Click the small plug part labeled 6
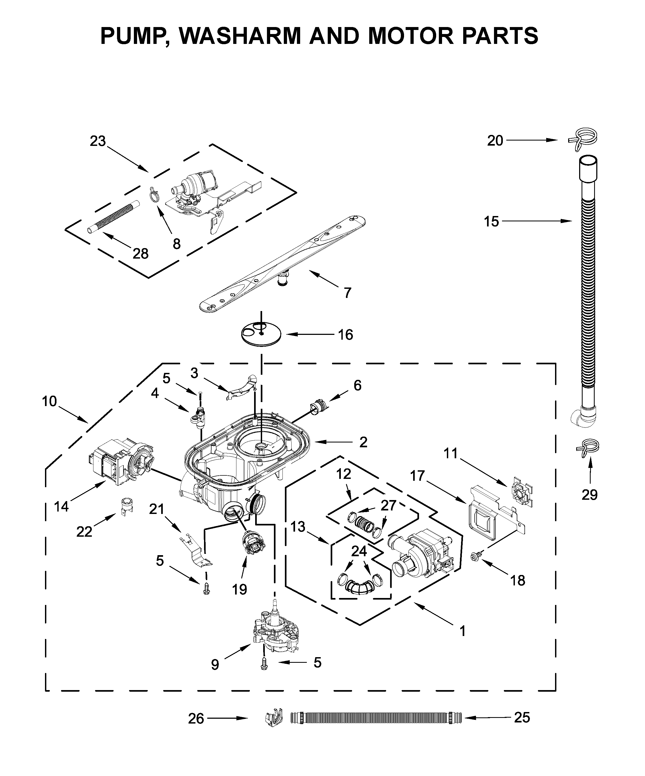(x=318, y=408)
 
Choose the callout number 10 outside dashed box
(x=49, y=401)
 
